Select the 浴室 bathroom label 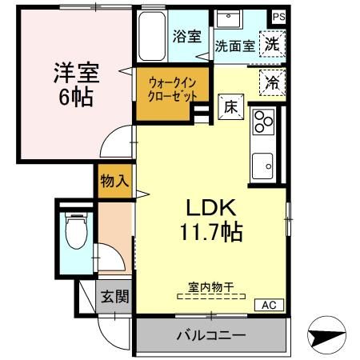pos(187,36)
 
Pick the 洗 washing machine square pos(273,45)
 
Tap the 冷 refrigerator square pos(273,81)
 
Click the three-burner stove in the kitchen pos(264,122)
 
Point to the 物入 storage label pos(114,181)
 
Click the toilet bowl pos(74,232)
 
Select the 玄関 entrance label pos(112,296)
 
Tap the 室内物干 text pos(211,286)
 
